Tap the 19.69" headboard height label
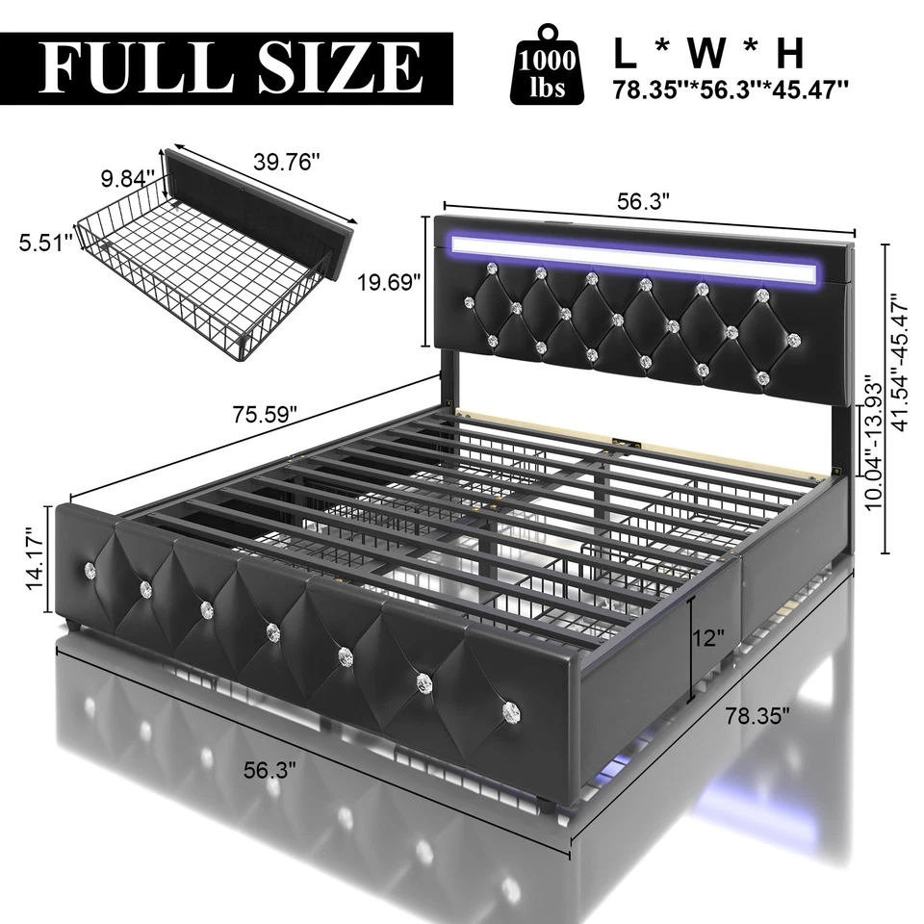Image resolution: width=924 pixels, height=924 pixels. [x=390, y=282]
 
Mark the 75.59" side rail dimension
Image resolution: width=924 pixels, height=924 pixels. [x=263, y=415]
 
